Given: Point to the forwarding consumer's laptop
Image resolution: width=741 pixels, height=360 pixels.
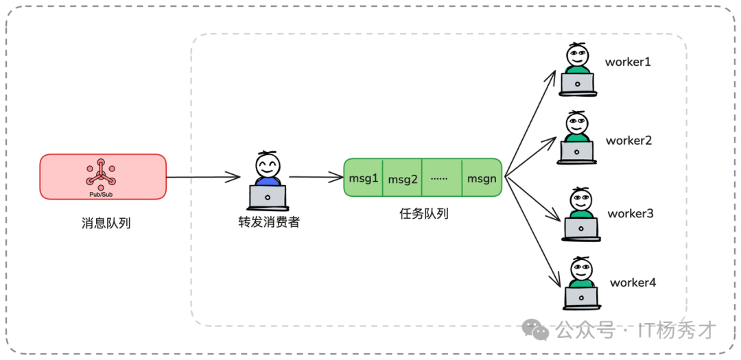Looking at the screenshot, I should coord(268,197).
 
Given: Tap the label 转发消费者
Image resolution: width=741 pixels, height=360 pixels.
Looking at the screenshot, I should coord(268,222).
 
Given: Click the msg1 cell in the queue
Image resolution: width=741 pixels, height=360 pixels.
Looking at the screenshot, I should coord(363,178).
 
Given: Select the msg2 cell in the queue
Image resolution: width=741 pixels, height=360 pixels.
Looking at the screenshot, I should coord(403,179).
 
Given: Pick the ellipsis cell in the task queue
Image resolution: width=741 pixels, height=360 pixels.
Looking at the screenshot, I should coord(442,178).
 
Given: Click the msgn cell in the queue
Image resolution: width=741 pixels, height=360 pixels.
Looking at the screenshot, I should coord(482,178).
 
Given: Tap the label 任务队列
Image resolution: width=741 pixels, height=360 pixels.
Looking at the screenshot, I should coord(424,213).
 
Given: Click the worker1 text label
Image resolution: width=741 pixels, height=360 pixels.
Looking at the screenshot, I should coord(627,62).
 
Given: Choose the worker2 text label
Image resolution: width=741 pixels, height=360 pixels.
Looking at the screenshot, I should coord(628,141).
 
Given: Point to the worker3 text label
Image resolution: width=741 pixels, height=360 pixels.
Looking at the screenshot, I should coord(630,213).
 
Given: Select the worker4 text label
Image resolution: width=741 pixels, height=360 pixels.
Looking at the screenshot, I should coord(633,282).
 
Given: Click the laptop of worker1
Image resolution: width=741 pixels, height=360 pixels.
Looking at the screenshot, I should coord(577,84).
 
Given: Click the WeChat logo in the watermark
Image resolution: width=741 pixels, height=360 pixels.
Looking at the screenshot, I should coord(535,331).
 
